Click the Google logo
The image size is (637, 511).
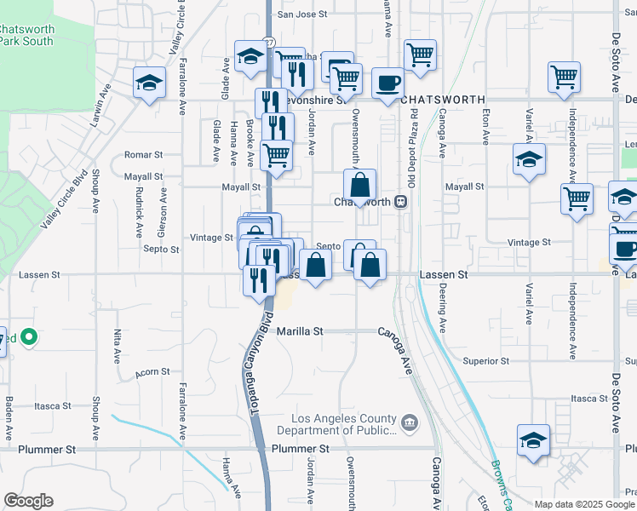click(28, 501)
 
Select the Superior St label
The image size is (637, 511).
click(485, 361)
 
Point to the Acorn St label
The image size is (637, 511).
click(153, 372)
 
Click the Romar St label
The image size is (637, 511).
click(143, 155)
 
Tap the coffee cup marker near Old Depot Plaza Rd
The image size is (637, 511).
click(387, 83)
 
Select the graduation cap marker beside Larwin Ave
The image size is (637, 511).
click(149, 83)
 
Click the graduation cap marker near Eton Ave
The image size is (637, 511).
click(529, 158)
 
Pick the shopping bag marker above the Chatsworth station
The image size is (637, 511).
click(360, 184)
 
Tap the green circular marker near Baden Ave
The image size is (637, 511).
click(28, 338)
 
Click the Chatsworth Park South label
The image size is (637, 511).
click(26, 35)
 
